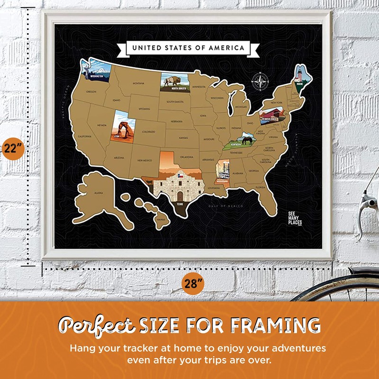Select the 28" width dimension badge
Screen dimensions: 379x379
[x=193, y=284]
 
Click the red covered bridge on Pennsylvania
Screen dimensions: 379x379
[x=269, y=115]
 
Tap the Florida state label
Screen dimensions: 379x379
[x=261, y=188]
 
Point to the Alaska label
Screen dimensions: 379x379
[x=98, y=193]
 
